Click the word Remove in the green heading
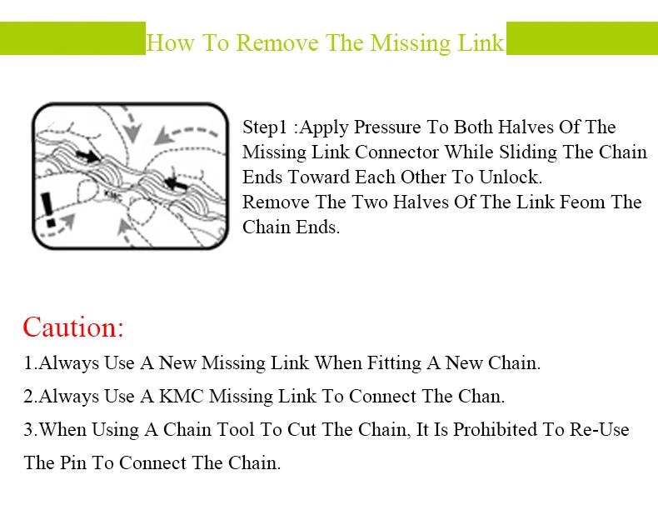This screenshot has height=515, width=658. pos(277,42)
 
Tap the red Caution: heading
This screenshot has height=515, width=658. pos(73,327)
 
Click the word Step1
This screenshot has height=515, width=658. pos(265,127)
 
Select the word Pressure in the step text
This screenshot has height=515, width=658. pos(387,127)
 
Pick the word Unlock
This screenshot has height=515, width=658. pos(511,177)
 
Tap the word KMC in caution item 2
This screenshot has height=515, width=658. pos(182,396)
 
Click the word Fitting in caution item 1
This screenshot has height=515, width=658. pos(394,363)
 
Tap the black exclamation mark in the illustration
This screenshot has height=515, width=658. pos(48,209)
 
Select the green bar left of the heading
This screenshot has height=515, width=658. pos(72,38)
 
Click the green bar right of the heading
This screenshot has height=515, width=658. pos(582,38)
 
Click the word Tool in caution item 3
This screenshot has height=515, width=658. pos(236,429)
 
